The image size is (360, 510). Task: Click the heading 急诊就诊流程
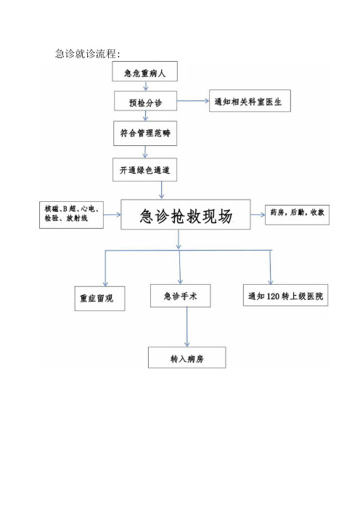click(88, 53)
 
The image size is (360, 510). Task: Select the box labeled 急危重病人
click(145, 71)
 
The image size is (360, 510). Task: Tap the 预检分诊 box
click(146, 101)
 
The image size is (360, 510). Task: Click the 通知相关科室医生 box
click(250, 101)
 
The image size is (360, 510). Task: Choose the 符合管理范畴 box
click(145, 134)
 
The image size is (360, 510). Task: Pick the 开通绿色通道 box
click(145, 170)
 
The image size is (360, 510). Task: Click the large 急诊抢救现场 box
click(186, 214)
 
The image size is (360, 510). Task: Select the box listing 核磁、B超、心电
click(71, 214)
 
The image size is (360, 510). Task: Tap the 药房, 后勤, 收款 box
click(298, 214)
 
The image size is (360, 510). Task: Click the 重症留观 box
click(99, 299)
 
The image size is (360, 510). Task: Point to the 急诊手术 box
click(180, 296)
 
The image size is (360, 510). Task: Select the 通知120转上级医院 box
click(285, 295)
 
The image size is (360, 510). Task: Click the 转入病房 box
click(187, 357)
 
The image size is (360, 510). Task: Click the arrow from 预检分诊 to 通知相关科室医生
click(193, 101)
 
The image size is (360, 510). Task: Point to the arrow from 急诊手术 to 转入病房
click(187, 327)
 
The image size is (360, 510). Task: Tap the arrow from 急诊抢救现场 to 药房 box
click(258, 214)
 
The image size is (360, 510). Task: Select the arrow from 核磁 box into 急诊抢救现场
click(112, 214)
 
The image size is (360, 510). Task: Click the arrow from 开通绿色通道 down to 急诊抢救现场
click(161, 190)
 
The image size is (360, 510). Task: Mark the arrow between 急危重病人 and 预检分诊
click(146, 86)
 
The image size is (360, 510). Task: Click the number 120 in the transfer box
click(273, 296)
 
